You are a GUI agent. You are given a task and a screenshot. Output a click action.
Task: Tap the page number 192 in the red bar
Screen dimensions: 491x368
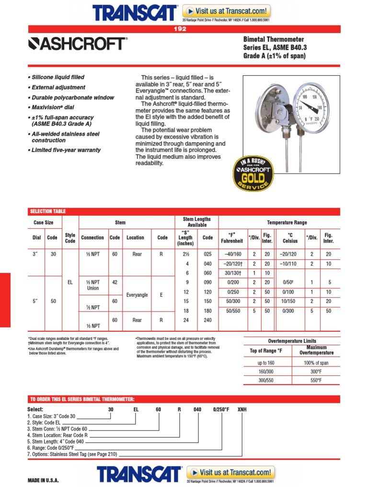coord(180,29)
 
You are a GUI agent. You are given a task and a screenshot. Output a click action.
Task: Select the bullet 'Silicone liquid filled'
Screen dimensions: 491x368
coord(58,77)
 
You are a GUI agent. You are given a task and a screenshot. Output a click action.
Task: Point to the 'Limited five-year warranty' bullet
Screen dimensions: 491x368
coord(66,150)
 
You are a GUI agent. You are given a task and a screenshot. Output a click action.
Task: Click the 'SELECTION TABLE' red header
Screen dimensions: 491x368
coord(48,211)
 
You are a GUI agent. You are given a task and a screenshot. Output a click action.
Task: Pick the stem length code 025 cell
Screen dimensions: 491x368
coord(207,254)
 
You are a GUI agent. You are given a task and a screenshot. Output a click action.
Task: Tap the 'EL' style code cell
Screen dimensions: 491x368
coord(70,283)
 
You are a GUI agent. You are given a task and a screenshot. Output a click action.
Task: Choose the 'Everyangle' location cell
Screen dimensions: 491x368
coord(137,295)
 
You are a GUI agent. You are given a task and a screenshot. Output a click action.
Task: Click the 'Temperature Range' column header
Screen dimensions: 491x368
coord(287,222)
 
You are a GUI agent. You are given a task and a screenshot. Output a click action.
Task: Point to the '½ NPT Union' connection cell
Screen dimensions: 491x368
coord(92,285)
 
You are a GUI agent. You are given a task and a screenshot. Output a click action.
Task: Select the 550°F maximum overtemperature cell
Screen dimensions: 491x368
coord(316,380)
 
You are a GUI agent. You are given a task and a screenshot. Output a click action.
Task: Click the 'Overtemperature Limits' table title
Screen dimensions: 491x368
coord(292,341)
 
